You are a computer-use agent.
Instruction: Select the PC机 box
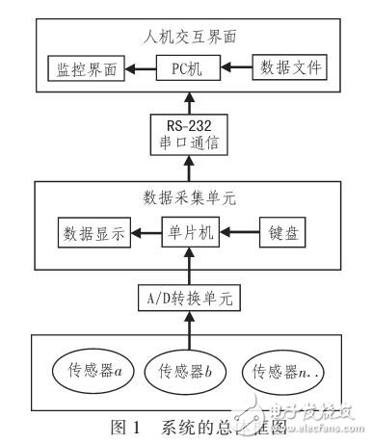tap(189, 68)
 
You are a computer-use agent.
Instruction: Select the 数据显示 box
tap(93, 234)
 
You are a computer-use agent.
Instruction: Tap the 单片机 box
tap(189, 234)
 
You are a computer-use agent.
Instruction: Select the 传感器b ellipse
tap(189, 371)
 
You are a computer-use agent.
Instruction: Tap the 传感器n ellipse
tap(288, 371)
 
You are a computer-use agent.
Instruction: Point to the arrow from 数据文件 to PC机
tap(237, 68)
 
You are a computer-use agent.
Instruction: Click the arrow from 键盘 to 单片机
tap(240, 234)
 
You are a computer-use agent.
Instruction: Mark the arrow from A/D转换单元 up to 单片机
tap(190, 267)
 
